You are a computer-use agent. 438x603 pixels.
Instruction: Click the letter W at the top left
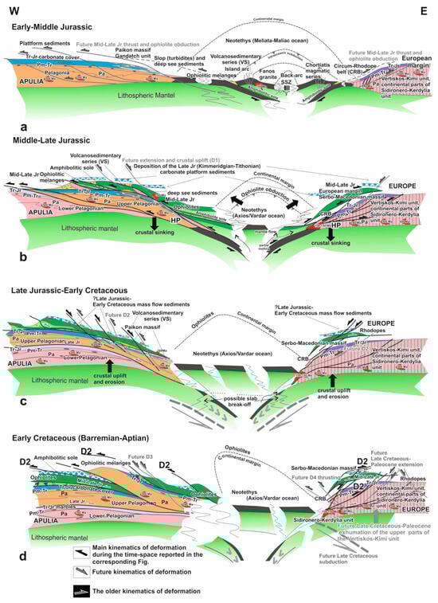coord(10,7)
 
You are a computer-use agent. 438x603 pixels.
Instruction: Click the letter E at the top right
coord(428,7)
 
